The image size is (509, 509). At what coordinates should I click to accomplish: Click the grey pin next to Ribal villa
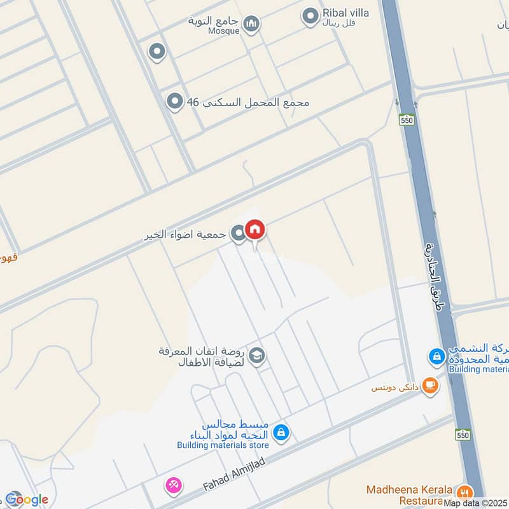click(x=310, y=17)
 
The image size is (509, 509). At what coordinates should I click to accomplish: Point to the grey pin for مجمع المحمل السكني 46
click(x=174, y=101)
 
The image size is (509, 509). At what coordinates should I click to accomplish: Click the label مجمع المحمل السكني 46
click(x=248, y=102)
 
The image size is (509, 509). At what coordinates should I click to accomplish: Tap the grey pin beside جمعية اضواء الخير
click(x=237, y=234)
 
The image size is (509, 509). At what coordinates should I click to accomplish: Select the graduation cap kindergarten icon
click(x=257, y=355)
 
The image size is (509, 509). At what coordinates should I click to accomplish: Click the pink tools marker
click(x=172, y=485)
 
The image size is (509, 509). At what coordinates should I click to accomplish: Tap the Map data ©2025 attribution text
click(x=476, y=503)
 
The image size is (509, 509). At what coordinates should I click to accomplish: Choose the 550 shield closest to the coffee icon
click(x=463, y=435)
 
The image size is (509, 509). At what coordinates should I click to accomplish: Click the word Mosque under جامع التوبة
click(x=223, y=31)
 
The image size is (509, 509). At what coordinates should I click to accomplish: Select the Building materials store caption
click(x=223, y=445)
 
